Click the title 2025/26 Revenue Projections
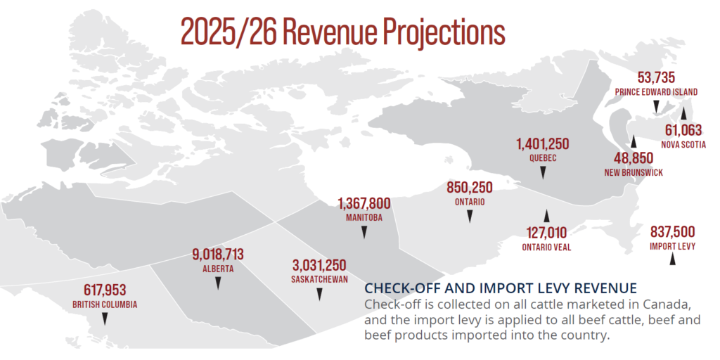[x=342, y=32]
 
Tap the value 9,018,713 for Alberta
[x=218, y=255]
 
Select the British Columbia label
[x=105, y=304]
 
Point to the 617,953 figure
[x=105, y=290]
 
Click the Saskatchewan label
[x=320, y=279]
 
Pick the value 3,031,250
[x=320, y=266]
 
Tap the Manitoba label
[x=364, y=217]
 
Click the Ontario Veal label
[x=546, y=247]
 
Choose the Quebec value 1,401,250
[x=542, y=144]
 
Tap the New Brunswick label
[x=634, y=172]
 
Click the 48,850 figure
[x=633, y=158]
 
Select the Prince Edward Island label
[x=656, y=92]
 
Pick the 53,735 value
[x=657, y=77]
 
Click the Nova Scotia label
[x=683, y=144]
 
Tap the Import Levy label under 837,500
[x=673, y=246]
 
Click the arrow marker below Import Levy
[x=673, y=259]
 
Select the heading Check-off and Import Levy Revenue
[x=501, y=288]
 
